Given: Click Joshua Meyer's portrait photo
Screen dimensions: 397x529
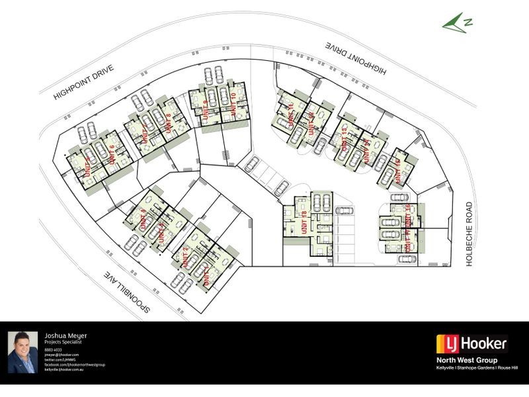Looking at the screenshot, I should click(22, 353).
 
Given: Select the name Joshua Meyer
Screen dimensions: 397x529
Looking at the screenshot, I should click(65, 335).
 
